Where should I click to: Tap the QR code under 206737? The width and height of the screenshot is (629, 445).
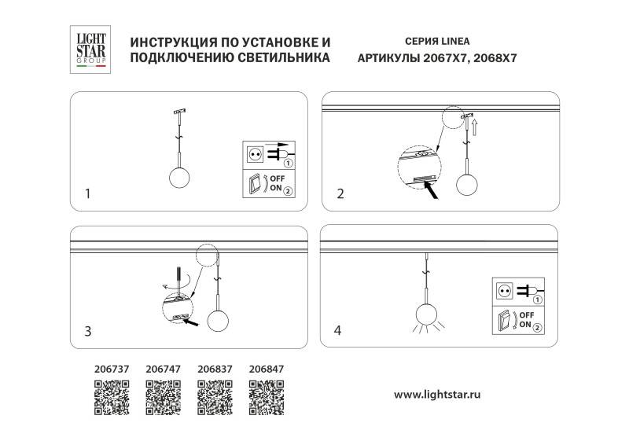(x=112, y=396)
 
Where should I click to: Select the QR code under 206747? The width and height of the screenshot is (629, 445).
(x=163, y=396)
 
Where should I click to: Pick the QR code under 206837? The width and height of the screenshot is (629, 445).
(x=214, y=396)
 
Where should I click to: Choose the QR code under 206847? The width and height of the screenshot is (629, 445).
(x=266, y=396)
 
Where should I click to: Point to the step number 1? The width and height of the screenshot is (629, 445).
(x=89, y=193)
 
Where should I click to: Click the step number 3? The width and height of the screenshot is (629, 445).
(x=89, y=332)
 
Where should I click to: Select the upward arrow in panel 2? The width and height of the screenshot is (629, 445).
(x=475, y=123)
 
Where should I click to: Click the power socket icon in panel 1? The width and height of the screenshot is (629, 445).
(x=255, y=153)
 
